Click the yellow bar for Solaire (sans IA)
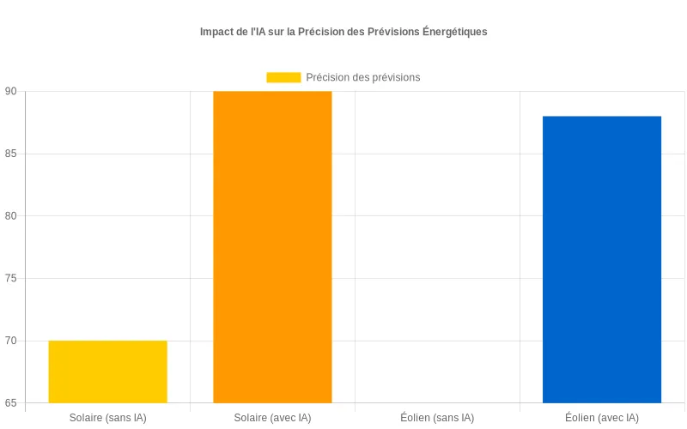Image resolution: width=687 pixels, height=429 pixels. pyautogui.click(x=107, y=372)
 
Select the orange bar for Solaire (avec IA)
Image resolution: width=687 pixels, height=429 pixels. pyautogui.click(x=272, y=247)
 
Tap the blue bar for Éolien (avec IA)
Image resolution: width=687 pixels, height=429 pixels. pyautogui.click(x=602, y=259)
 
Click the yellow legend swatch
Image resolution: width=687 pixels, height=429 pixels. pyautogui.click(x=283, y=77)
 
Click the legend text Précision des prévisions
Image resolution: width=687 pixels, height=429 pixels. pyautogui.click(x=362, y=77)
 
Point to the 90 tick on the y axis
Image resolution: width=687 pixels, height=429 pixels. pyautogui.click(x=11, y=92)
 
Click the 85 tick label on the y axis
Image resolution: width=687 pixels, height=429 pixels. pyautogui.click(x=11, y=154)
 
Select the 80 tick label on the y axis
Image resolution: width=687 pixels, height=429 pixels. pyautogui.click(x=11, y=216)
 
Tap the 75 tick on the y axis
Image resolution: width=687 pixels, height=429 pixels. pyautogui.click(x=11, y=279)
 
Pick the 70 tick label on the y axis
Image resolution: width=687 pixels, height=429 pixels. pyautogui.click(x=11, y=341)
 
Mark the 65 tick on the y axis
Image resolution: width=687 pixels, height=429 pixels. pyautogui.click(x=11, y=403)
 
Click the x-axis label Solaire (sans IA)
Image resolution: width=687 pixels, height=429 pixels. pyautogui.click(x=107, y=418)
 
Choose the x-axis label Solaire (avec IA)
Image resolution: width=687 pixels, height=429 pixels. pyautogui.click(x=272, y=418)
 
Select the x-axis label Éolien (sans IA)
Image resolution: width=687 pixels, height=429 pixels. pyautogui.click(x=437, y=418)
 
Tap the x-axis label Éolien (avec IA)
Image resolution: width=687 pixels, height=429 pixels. pyautogui.click(x=602, y=418)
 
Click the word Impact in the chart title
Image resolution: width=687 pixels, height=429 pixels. pyautogui.click(x=218, y=32)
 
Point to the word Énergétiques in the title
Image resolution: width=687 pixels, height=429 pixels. pyautogui.click(x=454, y=32)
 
